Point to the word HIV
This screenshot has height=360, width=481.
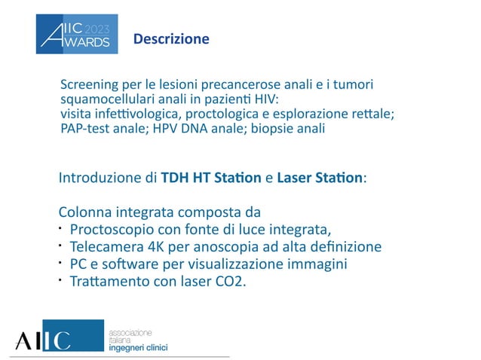[262, 98]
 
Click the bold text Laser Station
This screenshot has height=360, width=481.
[320, 179]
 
